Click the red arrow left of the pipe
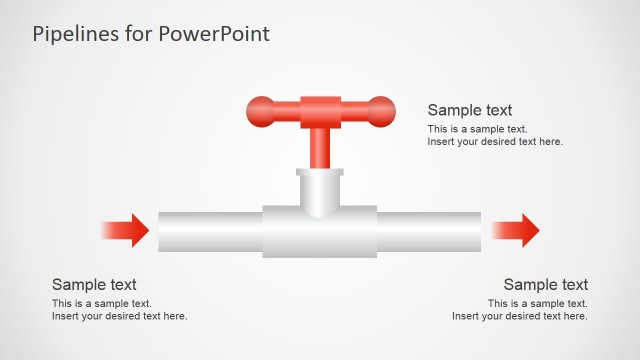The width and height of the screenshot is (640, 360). (130, 231)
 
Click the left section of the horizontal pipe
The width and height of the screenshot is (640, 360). (210, 232)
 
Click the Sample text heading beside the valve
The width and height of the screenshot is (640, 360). (470, 110)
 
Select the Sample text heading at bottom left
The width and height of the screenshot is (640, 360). (94, 285)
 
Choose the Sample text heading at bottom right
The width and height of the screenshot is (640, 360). (546, 285)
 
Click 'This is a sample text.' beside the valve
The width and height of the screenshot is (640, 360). (477, 129)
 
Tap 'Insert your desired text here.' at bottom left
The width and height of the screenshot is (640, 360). (120, 316)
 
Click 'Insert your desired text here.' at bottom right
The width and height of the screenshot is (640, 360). (520, 316)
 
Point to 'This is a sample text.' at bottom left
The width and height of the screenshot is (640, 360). (102, 303)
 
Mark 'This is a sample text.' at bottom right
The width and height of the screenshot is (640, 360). (538, 303)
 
